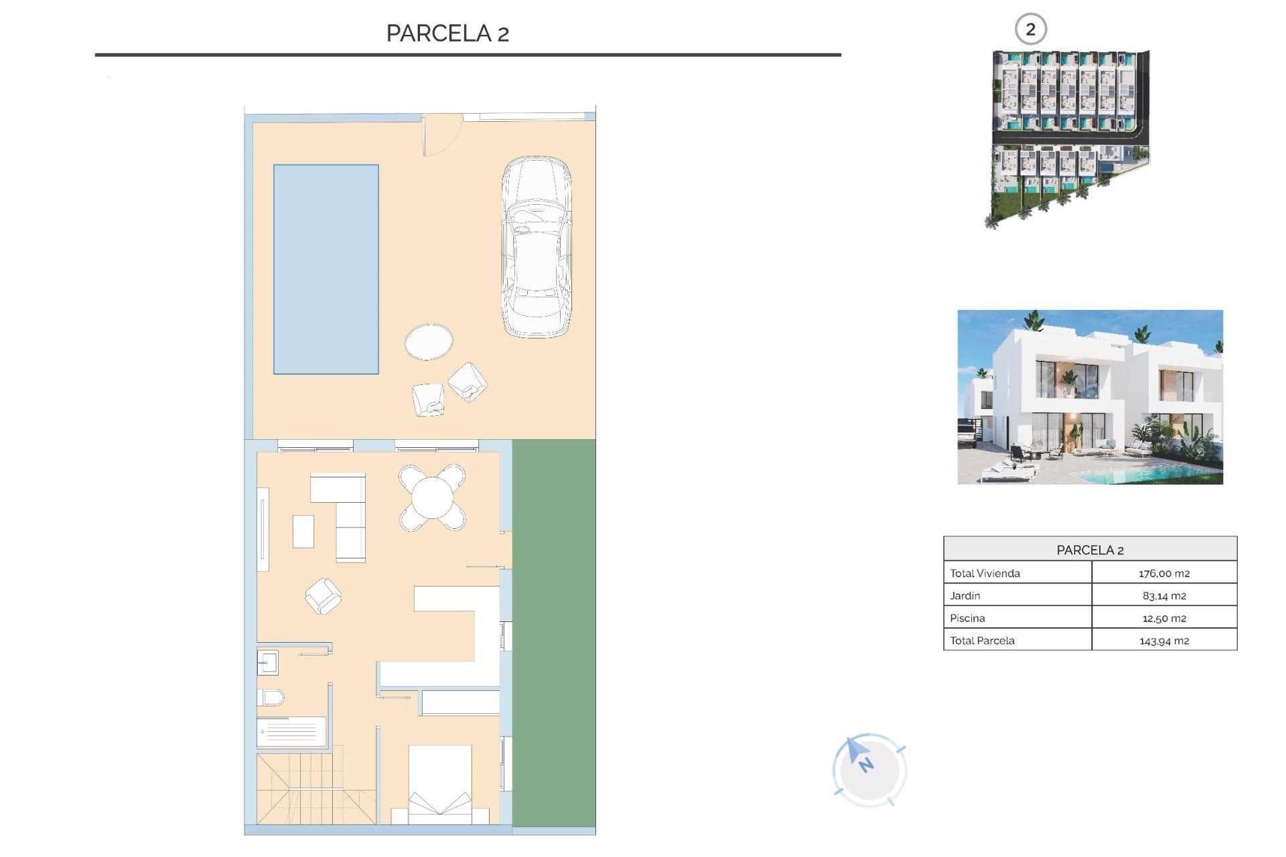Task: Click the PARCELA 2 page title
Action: tap(447, 33)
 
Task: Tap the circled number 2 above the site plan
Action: tap(1030, 29)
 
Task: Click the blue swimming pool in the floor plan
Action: tap(326, 268)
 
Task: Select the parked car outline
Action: tap(537, 246)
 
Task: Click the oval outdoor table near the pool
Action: tap(429, 341)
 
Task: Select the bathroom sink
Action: tap(267, 663)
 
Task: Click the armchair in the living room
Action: tap(324, 596)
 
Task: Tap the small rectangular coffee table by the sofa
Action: tap(303, 531)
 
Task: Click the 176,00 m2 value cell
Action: tap(1163, 573)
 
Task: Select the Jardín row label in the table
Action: tap(965, 596)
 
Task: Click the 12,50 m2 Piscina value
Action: tap(1163, 618)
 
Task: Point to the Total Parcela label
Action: tap(982, 641)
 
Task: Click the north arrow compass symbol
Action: tap(869, 769)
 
